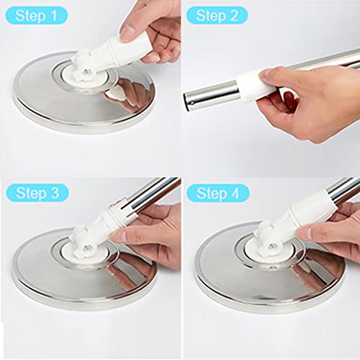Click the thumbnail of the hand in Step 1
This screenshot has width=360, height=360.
pyautogui.click(x=128, y=31)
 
